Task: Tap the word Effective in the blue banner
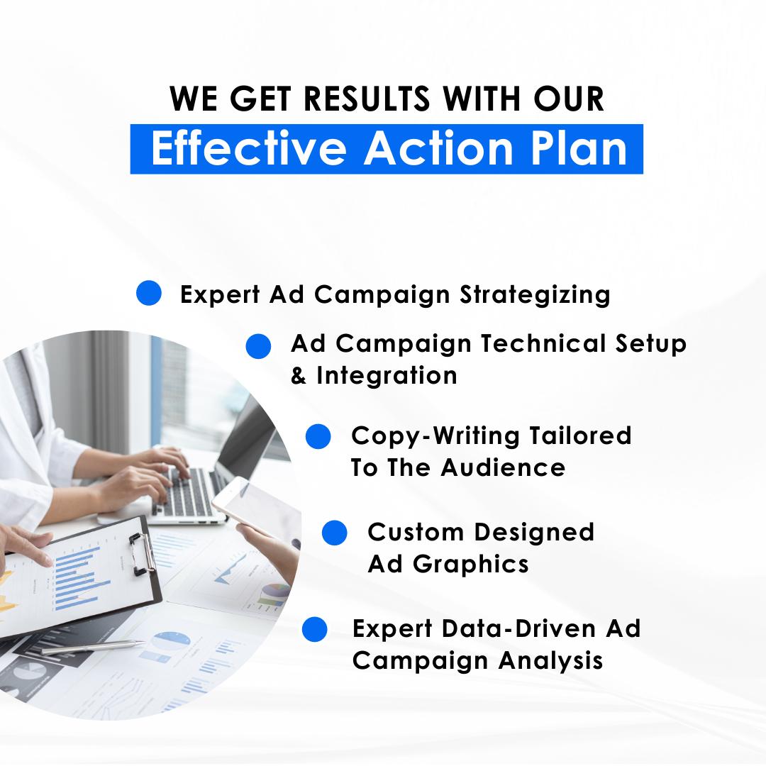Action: point(249,148)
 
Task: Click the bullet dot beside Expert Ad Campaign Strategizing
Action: point(148,293)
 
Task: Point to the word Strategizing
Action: point(535,295)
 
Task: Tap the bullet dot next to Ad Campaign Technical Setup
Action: point(258,346)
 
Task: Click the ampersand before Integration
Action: point(298,376)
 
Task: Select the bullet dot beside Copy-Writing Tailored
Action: point(318,436)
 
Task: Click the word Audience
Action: point(503,467)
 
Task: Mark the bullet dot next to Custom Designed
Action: point(335,533)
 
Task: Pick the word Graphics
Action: point(470,565)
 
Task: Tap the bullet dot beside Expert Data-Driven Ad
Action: point(315,628)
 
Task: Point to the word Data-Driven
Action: point(518,628)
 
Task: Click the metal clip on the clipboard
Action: point(142,553)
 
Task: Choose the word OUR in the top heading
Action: point(569,99)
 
